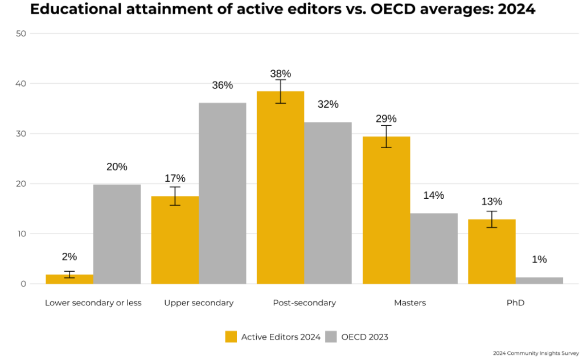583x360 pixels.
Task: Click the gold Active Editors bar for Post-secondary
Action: (x=280, y=188)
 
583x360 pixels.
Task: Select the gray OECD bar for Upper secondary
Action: (x=223, y=194)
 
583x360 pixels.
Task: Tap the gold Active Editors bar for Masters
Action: (x=386, y=211)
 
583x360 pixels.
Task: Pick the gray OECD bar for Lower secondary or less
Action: (x=117, y=234)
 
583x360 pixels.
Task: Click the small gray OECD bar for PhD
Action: (x=539, y=280)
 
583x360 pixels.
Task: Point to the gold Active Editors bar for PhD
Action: (x=492, y=252)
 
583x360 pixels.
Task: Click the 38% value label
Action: (x=280, y=73)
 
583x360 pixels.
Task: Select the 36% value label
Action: (x=223, y=85)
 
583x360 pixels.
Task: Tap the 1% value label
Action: (x=539, y=260)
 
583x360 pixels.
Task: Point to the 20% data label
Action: (x=117, y=167)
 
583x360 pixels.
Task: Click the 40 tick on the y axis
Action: (x=21, y=84)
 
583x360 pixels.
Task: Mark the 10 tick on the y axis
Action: (x=21, y=234)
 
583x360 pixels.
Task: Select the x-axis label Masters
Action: (x=410, y=303)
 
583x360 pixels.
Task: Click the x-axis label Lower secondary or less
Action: (x=93, y=303)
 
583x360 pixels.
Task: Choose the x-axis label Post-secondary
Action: (x=305, y=303)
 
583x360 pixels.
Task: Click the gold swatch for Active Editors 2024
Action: (x=231, y=337)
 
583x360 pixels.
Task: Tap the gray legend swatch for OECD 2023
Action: (x=331, y=337)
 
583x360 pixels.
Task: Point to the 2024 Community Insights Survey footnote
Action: (x=536, y=353)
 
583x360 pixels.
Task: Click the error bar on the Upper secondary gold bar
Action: (x=175, y=196)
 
